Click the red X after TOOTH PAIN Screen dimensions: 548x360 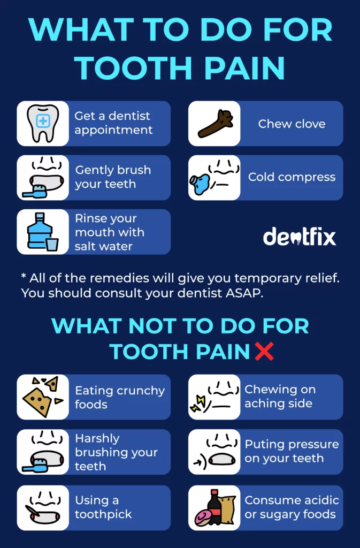[x=264, y=351]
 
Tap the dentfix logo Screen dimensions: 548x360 [x=300, y=236]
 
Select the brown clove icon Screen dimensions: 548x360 [x=214, y=124]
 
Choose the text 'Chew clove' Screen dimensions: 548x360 [x=292, y=124]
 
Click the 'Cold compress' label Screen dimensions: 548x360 [x=292, y=177]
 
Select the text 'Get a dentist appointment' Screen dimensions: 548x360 [x=113, y=123]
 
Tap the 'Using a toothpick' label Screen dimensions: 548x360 [x=103, y=507]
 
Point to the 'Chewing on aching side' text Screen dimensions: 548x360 [x=280, y=397]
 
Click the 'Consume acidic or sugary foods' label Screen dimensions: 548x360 [x=292, y=507]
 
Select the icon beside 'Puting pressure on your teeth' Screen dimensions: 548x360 [x=214, y=452]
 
